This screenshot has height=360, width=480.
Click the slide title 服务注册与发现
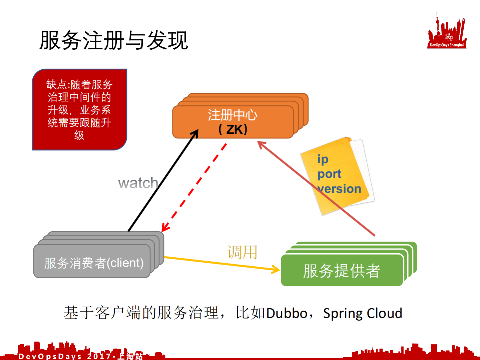114,40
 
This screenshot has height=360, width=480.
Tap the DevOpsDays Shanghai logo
447,32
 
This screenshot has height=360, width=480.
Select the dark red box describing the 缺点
79,109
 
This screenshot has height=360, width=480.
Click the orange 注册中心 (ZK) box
232,122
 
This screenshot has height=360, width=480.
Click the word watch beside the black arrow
138,183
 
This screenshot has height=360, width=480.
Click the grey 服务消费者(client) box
92,262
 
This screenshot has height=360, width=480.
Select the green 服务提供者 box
342,270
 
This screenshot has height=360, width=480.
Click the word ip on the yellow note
323,159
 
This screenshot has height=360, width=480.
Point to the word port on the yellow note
329,174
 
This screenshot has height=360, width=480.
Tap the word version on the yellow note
340,189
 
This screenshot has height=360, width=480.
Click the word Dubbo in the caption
287,313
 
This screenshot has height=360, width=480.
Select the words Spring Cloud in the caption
363,313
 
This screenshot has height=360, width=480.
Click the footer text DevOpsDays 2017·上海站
80,356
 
